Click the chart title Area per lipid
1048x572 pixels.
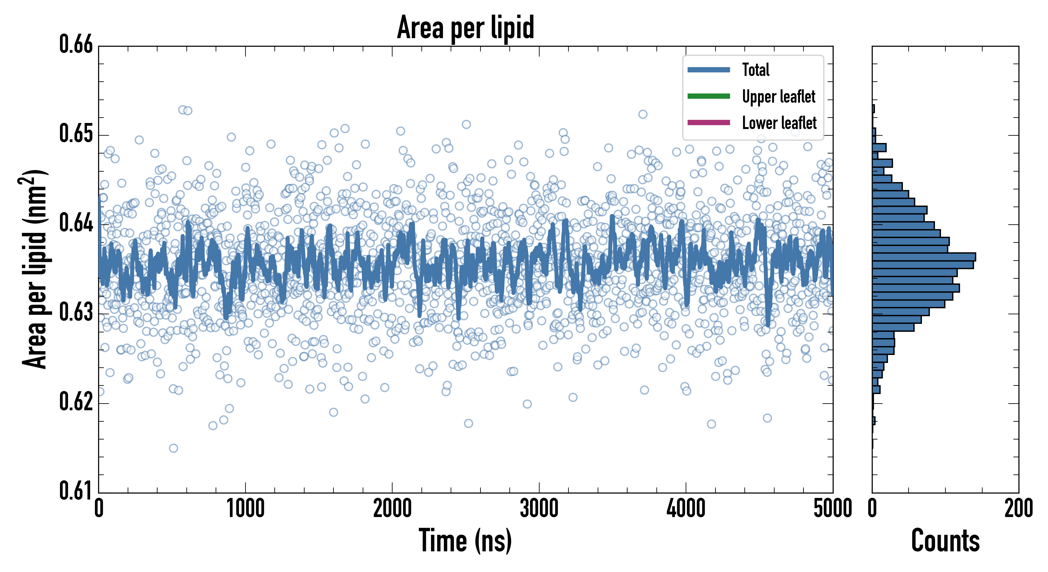(x=466, y=27)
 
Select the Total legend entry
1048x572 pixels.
(x=756, y=70)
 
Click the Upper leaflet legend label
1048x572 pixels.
(x=778, y=97)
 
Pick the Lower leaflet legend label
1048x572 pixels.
(x=779, y=123)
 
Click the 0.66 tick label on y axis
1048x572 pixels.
(x=76, y=44)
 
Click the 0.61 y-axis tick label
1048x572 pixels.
(x=76, y=491)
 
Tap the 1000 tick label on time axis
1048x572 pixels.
(x=245, y=509)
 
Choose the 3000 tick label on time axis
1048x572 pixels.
(x=539, y=509)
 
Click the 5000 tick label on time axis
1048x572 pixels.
(x=832, y=509)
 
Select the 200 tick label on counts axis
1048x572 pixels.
(x=1018, y=509)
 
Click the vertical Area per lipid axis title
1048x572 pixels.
(x=35, y=269)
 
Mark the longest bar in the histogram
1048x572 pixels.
(x=924, y=257)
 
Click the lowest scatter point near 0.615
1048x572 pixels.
(x=173, y=448)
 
